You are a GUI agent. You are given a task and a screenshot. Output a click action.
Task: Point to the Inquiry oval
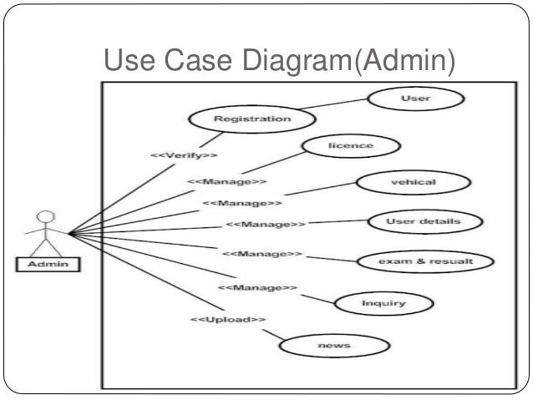coord(383,303)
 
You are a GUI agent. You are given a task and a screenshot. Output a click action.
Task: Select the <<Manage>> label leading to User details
coord(266,225)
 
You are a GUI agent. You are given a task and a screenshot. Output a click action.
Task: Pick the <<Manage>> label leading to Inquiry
coord(257,288)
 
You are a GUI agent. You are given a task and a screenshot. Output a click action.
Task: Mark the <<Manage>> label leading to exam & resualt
coord(262,253)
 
